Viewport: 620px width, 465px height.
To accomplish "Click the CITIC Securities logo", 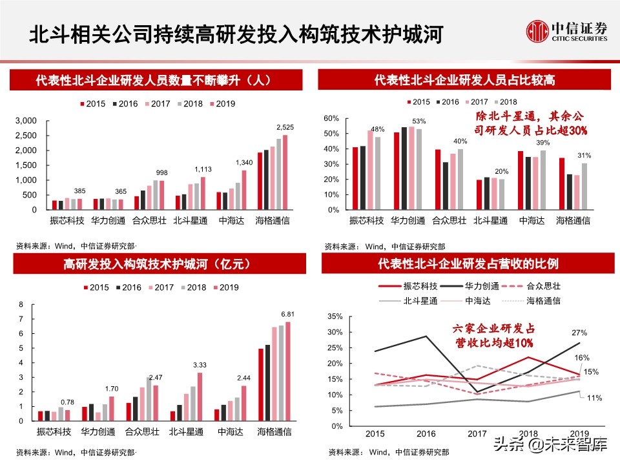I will point(567,31).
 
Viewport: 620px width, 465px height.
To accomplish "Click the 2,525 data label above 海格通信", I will point(285,127).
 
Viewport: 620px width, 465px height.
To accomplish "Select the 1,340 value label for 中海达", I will point(243,162).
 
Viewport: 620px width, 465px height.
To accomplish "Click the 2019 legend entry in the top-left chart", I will point(222,103).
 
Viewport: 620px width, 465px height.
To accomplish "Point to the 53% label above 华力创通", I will point(418,121).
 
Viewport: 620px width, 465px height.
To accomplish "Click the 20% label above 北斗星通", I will point(501,172).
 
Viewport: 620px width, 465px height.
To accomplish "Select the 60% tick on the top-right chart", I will point(331,119).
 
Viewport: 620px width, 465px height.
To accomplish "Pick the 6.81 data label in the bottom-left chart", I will point(287,314).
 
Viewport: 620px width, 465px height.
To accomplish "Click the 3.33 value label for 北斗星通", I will point(200,365).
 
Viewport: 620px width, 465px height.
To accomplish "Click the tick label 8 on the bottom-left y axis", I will point(21,305).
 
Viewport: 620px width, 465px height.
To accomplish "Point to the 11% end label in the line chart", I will point(595,398).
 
